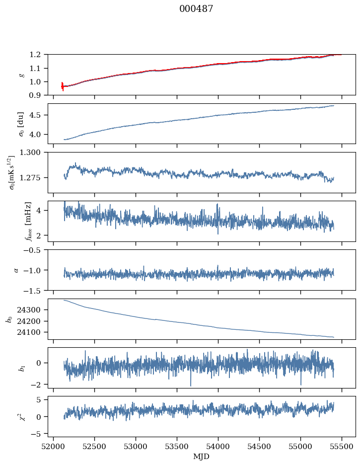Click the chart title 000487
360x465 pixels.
[196, 9]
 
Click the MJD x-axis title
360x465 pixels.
[202, 456]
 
